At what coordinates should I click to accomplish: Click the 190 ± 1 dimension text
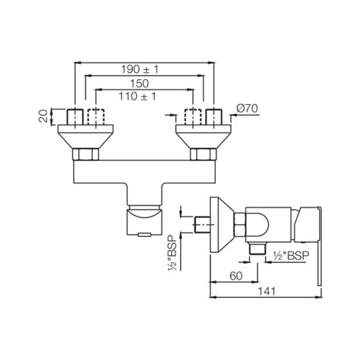point(144,69)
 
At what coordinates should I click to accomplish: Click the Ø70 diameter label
point(248,109)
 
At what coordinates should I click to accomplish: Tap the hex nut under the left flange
point(84,155)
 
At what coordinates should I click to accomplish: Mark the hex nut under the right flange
point(204,155)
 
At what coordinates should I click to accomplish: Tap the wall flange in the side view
point(222,226)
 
